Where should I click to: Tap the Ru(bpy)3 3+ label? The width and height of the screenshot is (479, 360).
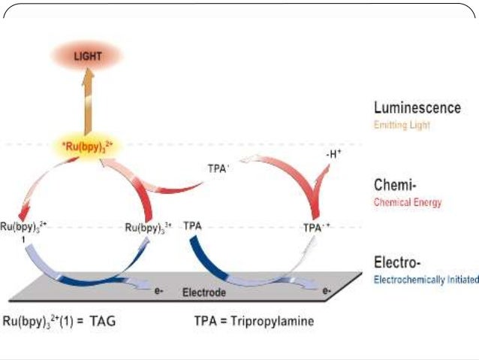coord(149,225)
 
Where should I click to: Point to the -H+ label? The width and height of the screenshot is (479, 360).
coord(334,155)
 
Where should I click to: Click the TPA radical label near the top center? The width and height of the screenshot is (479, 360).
coord(218,169)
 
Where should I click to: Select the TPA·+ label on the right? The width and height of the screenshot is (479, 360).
coord(316,225)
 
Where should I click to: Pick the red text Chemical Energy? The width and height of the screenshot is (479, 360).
coord(408,202)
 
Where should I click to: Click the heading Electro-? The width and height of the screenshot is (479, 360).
coord(396,262)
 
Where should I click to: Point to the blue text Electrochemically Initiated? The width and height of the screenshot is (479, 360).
coord(426,280)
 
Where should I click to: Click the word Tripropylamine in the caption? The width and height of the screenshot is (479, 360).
coord(275,321)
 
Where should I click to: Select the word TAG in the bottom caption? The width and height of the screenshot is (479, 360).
coord(101,321)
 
